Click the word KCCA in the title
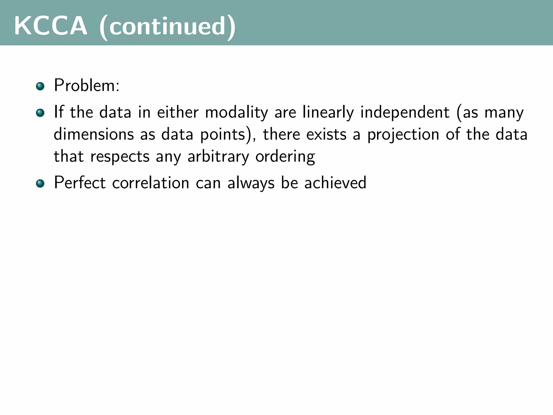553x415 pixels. tap(51, 26)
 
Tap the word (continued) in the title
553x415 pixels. tap(167, 27)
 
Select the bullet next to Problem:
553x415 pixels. tap(40, 86)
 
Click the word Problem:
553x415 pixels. tap(87, 86)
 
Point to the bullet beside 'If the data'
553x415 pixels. tap(40, 113)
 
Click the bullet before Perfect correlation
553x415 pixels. tap(40, 183)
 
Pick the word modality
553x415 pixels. tap(237, 113)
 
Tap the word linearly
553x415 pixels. tap(328, 113)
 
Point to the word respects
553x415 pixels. tap(120, 157)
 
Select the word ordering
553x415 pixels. tap(285, 157)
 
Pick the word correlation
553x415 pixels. tap(151, 183)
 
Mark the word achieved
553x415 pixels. tap(335, 183)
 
